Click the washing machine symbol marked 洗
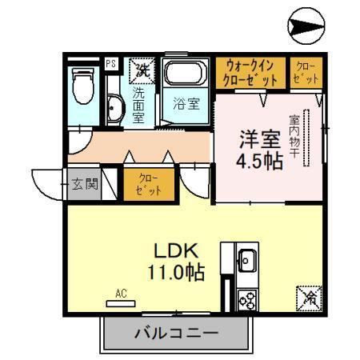pyautogui.click(x=142, y=70)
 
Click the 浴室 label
pyautogui.click(x=186, y=103)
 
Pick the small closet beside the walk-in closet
pyautogui.click(x=306, y=73)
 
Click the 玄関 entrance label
pyautogui.click(x=82, y=184)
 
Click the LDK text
pyautogui.click(x=171, y=250)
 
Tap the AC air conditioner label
pyautogui.click(x=121, y=294)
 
